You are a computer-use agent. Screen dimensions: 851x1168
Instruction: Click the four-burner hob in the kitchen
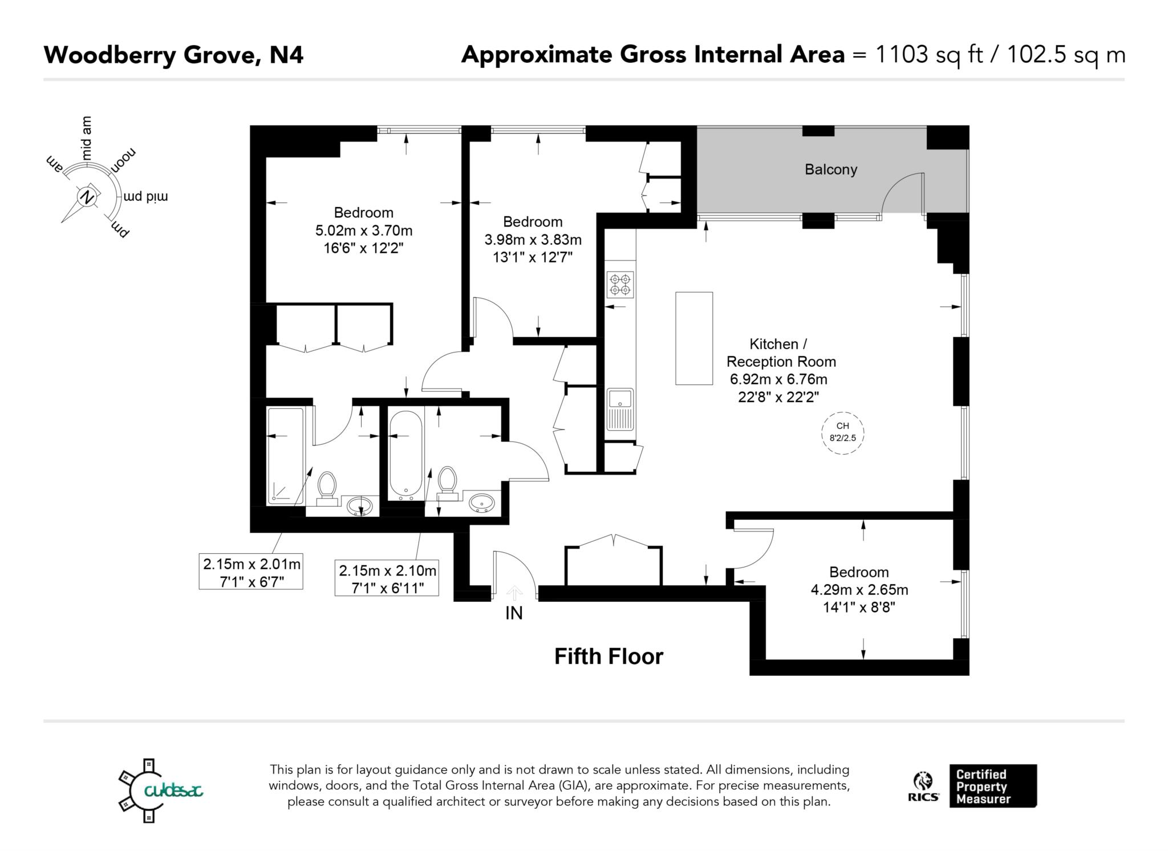click(620, 285)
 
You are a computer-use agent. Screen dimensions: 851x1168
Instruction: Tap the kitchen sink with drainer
click(620, 409)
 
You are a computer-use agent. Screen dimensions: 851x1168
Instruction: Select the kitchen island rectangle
click(693, 338)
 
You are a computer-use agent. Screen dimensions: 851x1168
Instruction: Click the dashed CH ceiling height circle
click(842, 433)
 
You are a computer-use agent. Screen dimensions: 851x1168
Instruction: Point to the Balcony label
click(830, 169)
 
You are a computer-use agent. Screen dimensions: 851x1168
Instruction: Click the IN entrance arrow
click(514, 593)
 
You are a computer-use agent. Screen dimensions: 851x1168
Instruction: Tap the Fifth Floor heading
click(609, 657)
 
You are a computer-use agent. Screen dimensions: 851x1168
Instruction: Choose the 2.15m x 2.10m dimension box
click(387, 578)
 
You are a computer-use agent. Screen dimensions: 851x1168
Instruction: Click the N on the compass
click(87, 197)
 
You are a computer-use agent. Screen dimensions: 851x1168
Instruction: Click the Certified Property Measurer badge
click(992, 786)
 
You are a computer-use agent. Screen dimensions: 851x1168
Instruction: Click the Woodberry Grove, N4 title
click(173, 55)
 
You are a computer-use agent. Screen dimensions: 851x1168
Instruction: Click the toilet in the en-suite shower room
click(327, 487)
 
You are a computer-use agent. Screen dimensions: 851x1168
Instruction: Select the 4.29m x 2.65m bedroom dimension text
click(859, 590)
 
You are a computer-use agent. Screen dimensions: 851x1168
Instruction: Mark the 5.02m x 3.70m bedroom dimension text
click(363, 230)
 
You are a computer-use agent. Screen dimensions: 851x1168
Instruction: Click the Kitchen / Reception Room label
click(780, 352)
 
